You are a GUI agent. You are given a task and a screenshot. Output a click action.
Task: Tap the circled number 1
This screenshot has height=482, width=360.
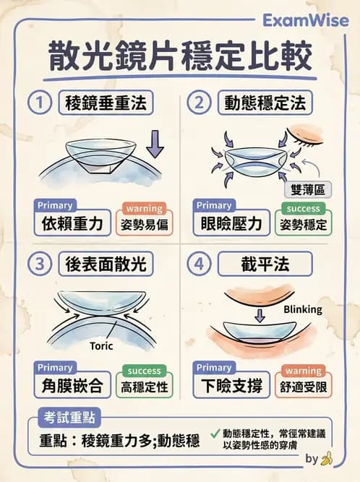[x=40, y=103]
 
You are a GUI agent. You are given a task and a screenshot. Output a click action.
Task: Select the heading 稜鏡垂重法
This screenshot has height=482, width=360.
[x=108, y=103]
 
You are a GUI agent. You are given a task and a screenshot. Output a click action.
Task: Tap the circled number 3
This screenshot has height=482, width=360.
[x=40, y=264]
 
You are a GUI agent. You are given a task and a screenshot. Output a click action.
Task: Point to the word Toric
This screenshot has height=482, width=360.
[x=101, y=345]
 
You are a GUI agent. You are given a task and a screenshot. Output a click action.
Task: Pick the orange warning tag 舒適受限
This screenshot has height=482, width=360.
[x=304, y=386]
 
